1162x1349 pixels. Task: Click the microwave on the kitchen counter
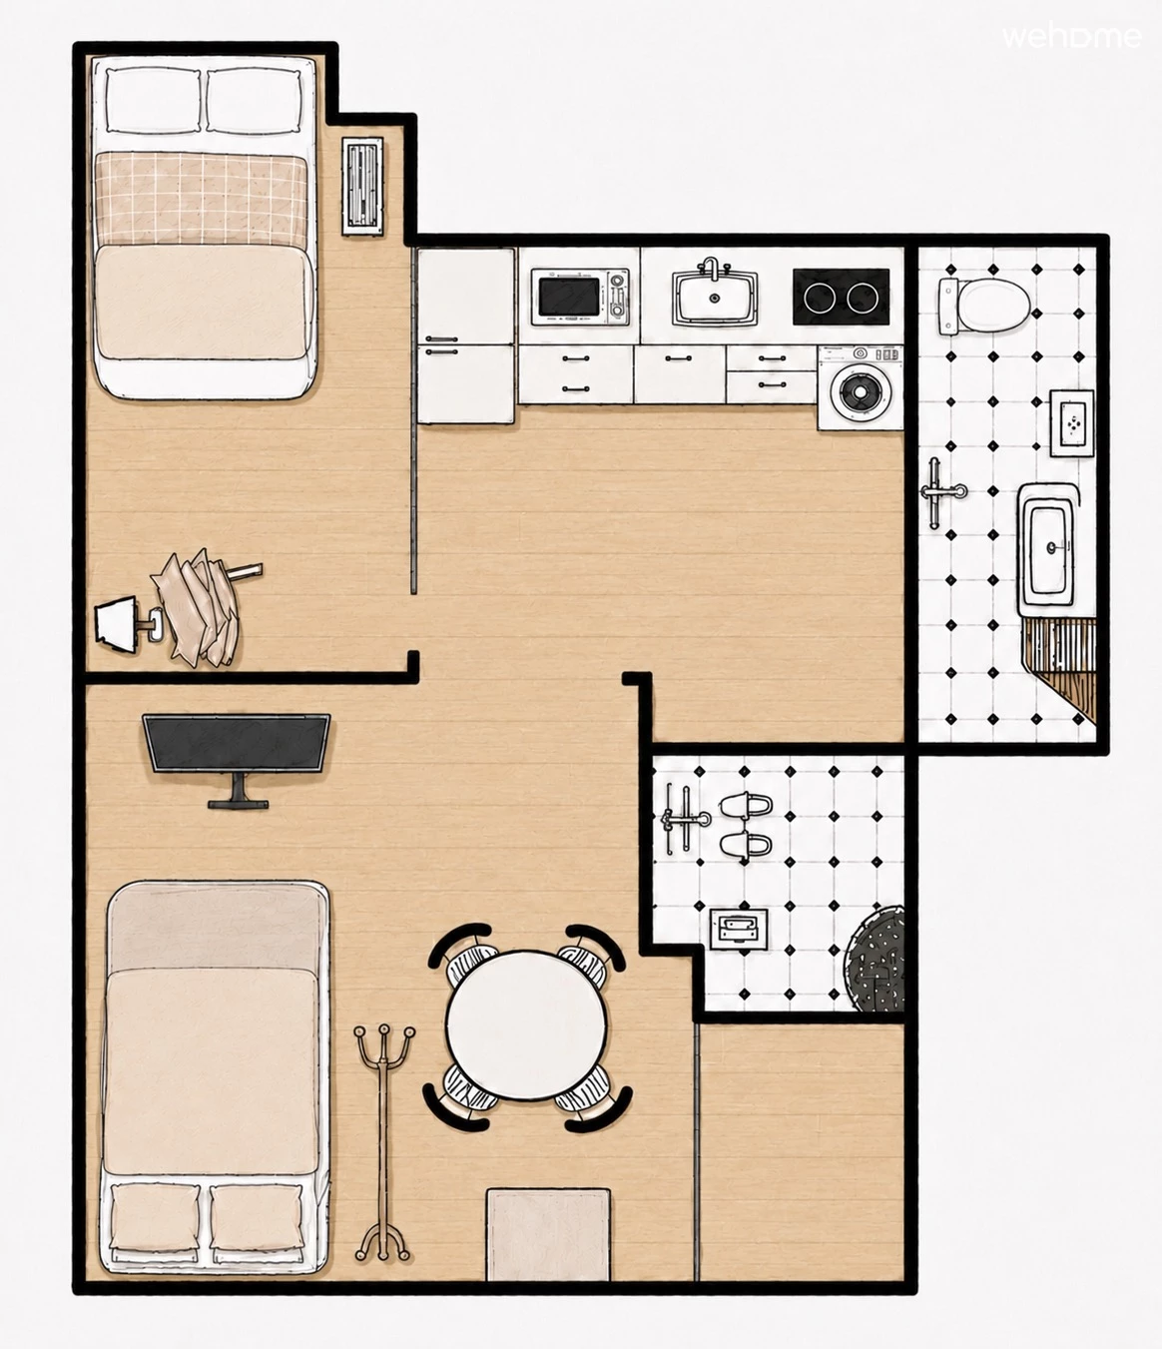580,297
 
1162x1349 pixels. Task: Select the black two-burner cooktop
841,297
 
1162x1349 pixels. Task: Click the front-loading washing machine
861,387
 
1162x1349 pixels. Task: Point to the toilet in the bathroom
984,306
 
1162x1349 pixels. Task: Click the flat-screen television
237,757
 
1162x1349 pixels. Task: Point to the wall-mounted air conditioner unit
362,187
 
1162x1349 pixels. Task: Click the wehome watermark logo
1072,37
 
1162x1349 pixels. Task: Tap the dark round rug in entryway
874,959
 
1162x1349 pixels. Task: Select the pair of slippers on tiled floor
745,825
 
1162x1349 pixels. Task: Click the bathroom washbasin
1048,547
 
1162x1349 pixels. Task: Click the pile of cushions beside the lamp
201,607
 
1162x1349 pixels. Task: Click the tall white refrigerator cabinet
466,336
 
